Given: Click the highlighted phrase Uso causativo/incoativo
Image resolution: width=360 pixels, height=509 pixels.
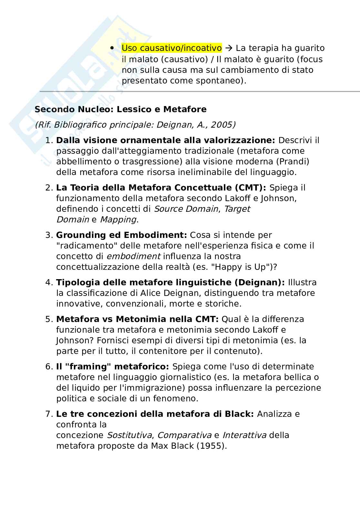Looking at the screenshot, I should [172, 48].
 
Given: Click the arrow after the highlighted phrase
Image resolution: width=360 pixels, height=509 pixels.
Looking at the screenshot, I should [229, 48].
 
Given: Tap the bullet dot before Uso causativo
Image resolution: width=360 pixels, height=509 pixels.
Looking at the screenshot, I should [112, 48].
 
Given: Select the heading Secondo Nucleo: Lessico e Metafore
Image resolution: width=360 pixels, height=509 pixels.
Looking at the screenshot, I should [120, 109].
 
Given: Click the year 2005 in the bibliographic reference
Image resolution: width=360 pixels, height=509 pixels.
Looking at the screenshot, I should [223, 125].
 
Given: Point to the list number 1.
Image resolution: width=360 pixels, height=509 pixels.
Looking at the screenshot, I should [48, 141].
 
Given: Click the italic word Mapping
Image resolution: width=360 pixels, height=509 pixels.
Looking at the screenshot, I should [118, 220].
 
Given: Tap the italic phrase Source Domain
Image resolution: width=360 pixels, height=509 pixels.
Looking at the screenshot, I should [186, 209].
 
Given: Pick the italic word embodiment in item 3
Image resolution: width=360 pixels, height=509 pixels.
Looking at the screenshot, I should [133, 256].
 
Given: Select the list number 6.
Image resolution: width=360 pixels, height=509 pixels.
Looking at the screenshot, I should [48, 367].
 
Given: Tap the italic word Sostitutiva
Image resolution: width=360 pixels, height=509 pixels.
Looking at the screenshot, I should [129, 435].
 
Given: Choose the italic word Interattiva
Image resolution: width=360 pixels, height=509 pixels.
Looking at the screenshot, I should [244, 435].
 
